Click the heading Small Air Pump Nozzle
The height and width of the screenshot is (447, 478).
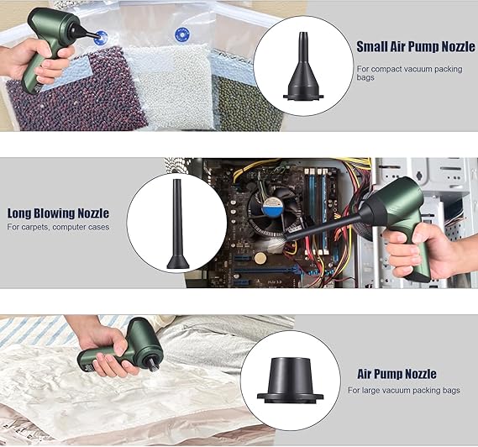pyautogui.click(x=416, y=47)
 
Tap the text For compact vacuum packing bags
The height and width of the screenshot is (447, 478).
pyautogui.click(x=409, y=73)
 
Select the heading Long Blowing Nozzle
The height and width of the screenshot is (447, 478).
pyautogui.click(x=58, y=213)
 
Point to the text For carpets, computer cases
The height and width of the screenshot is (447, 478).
pyautogui.click(x=58, y=227)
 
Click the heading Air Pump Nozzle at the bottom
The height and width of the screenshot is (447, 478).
pyautogui.click(x=397, y=374)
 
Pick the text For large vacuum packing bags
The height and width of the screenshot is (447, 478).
pyautogui.click(x=404, y=391)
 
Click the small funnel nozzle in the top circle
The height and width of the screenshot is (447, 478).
pyautogui.click(x=303, y=66)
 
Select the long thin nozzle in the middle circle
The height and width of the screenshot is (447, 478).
pyautogui.click(x=178, y=224)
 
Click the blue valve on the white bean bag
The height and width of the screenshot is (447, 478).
pyautogui.click(x=182, y=35)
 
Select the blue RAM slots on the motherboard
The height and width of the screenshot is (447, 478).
pyautogui.click(x=317, y=210)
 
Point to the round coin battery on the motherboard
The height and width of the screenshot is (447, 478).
pyautogui.click(x=260, y=258)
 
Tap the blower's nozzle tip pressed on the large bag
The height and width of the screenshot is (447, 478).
pyautogui.click(x=154, y=365)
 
